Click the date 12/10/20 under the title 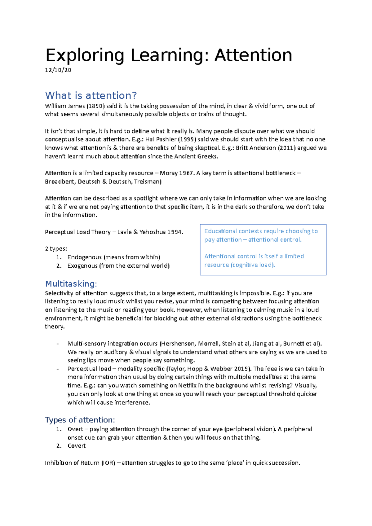click(x=58, y=70)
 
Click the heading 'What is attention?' click(x=91, y=95)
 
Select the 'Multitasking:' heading click(x=71, y=284)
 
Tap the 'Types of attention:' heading click(x=80, y=420)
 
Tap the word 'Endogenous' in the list click(x=84, y=257)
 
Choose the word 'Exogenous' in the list click(x=82, y=266)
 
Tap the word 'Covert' click(x=76, y=446)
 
